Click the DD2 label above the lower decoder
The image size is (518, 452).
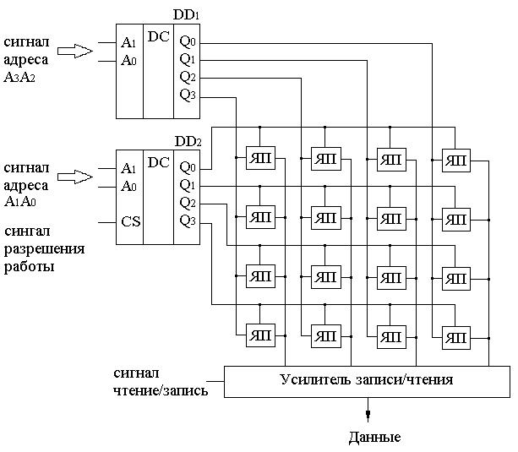[x=188, y=141]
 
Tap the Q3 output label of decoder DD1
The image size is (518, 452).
[x=188, y=94]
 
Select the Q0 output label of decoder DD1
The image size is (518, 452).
[x=188, y=41]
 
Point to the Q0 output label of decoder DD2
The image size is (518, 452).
[x=188, y=166]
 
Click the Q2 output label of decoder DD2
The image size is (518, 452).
[x=188, y=203]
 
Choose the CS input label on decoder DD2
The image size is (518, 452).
[x=129, y=222]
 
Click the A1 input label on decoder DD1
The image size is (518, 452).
[x=128, y=42]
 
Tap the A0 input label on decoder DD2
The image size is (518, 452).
[x=128, y=185]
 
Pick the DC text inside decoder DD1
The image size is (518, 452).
[x=158, y=36]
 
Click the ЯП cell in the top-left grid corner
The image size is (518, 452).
[x=259, y=158]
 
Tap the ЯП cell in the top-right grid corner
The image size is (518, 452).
[x=456, y=158]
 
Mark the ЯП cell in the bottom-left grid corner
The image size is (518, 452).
[x=259, y=335]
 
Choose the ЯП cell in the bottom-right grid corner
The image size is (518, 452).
[x=456, y=335]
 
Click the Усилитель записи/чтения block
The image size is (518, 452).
[x=365, y=380]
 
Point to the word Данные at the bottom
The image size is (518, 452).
[x=374, y=437]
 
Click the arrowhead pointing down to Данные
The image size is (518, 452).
[x=368, y=414]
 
